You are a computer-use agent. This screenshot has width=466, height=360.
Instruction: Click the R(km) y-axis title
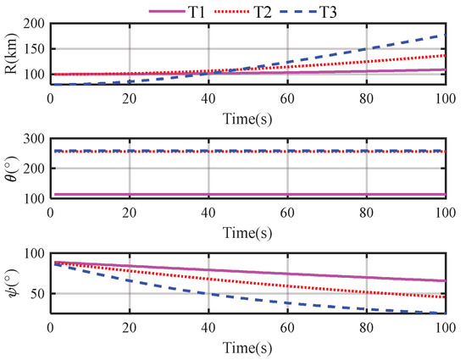point(12,54)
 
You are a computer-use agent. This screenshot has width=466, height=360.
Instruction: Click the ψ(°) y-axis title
point(12,283)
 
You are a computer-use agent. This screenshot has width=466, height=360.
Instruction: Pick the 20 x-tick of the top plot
point(130,96)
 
